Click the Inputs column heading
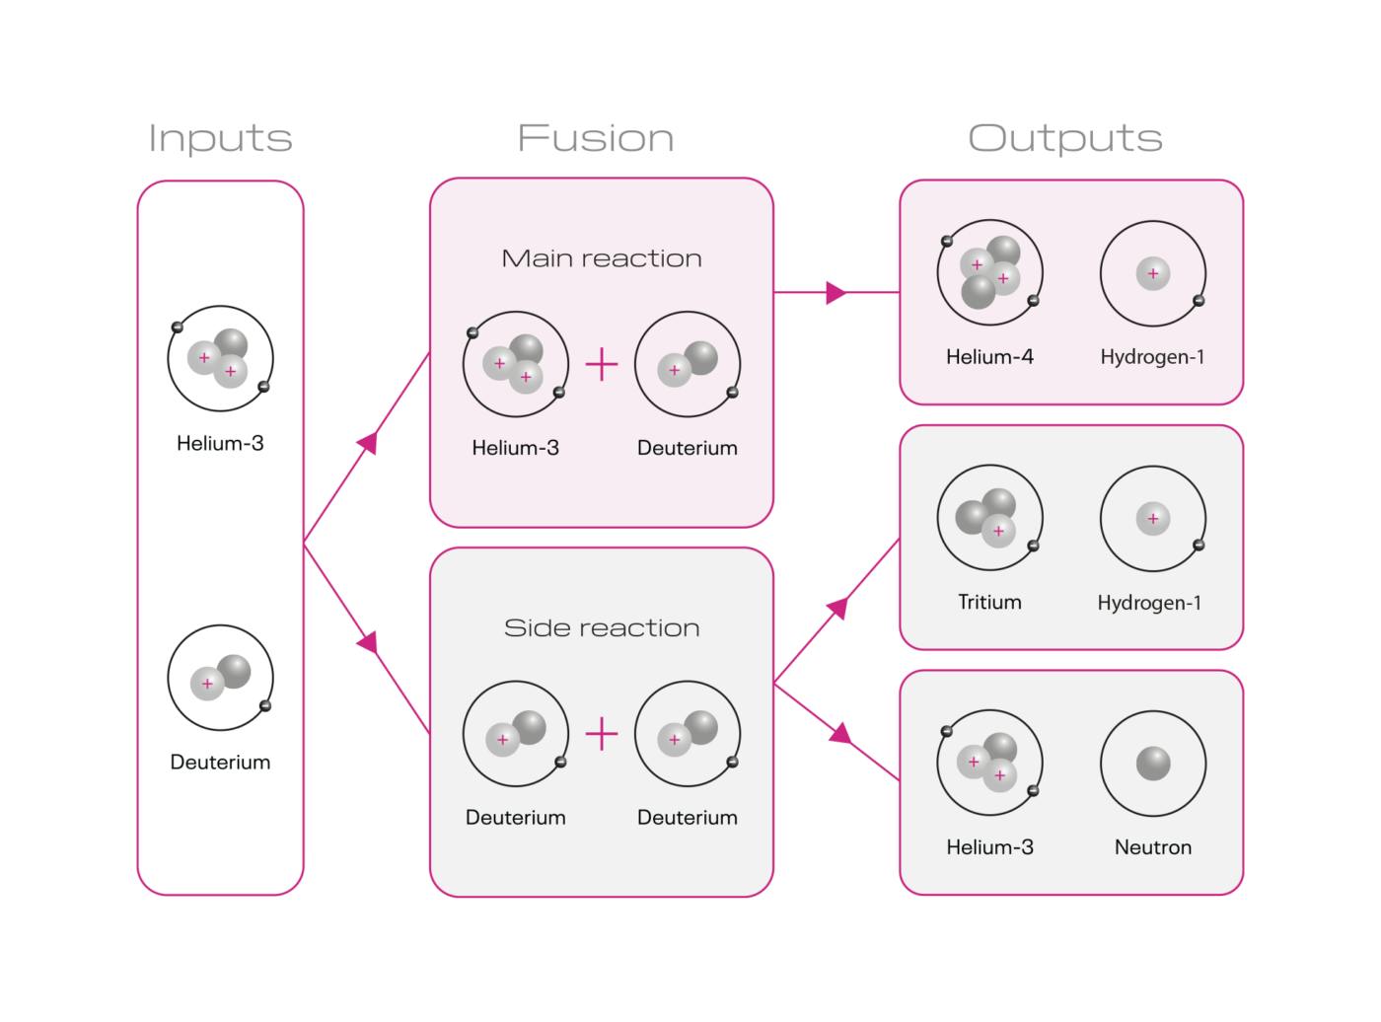220,138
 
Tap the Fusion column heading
596,138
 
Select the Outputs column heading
1065,138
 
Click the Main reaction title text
602,258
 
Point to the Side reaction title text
602,628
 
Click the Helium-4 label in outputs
989,357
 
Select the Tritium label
989,602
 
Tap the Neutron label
1152,847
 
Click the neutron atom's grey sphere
1153,764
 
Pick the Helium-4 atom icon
989,273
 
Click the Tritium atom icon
989,518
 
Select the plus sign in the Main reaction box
602,365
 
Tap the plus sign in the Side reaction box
602,735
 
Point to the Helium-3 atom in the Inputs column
220,358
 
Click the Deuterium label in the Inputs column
220,763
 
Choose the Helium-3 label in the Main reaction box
515,448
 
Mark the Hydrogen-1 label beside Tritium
1149,603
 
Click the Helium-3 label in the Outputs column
989,847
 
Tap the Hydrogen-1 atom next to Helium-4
1152,273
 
